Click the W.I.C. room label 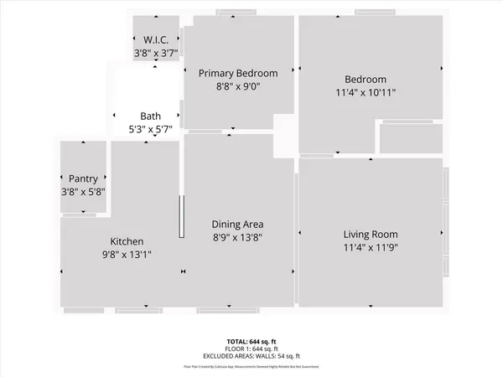[x=155, y=39]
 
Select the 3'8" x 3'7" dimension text [x=155, y=52]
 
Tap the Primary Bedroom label [x=237, y=73]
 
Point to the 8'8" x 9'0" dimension [x=237, y=86]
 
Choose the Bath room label [x=150, y=116]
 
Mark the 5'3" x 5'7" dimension [x=150, y=130]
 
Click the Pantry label [x=83, y=178]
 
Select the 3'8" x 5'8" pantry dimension [x=83, y=192]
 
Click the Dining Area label [x=238, y=225]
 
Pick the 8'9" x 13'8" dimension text [x=238, y=238]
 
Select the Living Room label [x=370, y=235]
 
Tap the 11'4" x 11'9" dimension [x=370, y=248]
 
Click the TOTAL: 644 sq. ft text [x=251, y=342]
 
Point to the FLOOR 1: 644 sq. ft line [x=251, y=349]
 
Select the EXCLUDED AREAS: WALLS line [x=251, y=355]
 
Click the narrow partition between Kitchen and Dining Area [x=180, y=218]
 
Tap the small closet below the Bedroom [x=411, y=138]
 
